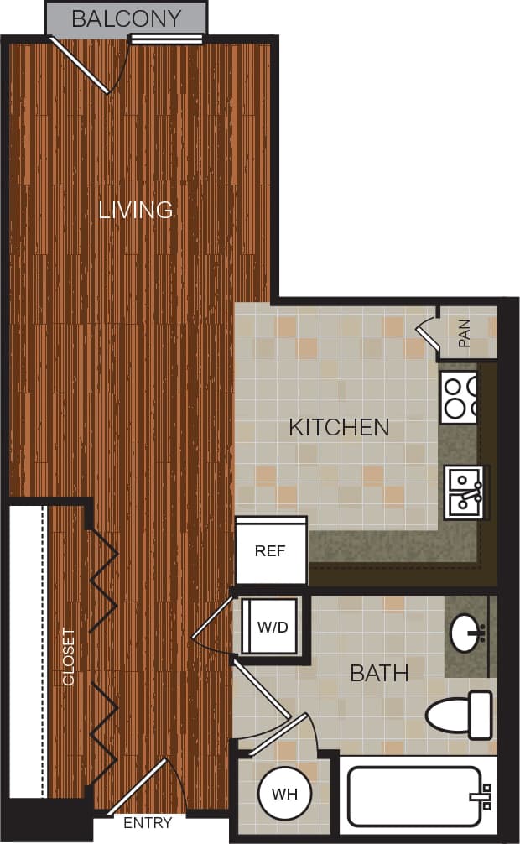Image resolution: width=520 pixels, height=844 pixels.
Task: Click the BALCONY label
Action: coord(126,18)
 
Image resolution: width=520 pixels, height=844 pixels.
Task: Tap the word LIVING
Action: coord(136,209)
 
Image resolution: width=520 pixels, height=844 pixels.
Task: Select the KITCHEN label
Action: coord(339,427)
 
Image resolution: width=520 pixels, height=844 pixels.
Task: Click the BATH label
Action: coord(379,672)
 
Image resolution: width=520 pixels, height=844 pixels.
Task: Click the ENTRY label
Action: coord(148,823)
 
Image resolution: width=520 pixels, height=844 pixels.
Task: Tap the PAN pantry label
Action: coord(465,333)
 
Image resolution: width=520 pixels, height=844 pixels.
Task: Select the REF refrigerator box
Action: coord(271,551)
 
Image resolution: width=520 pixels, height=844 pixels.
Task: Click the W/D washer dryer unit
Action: coord(269,626)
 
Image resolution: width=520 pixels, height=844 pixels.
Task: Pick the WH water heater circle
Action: coord(283,793)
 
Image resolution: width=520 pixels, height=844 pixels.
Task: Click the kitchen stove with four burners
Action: coord(460,397)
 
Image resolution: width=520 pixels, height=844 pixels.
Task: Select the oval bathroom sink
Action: coord(466,633)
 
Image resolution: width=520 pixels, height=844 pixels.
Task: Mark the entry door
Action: coord(138,789)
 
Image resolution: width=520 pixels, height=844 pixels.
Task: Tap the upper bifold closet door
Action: coord(102,579)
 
